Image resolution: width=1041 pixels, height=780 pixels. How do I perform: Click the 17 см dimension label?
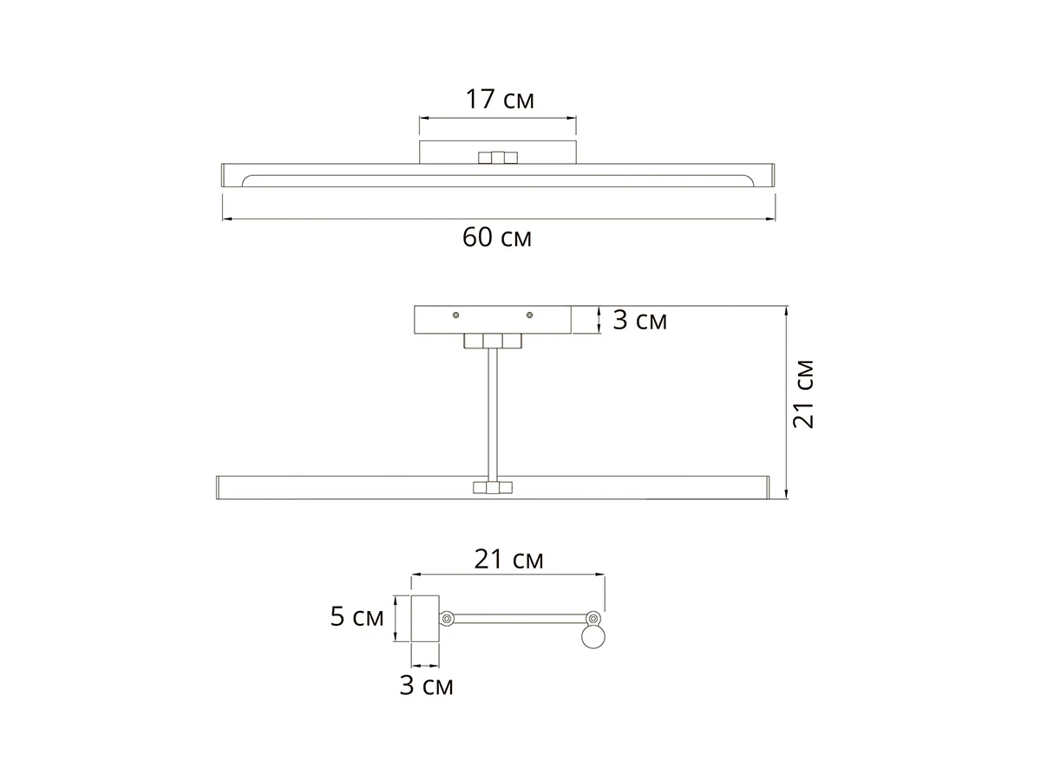(500, 100)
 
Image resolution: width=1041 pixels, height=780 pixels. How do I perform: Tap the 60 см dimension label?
(497, 237)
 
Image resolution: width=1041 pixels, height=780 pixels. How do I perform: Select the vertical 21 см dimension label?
(803, 394)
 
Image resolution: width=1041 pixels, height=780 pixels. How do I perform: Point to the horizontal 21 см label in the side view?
(508, 559)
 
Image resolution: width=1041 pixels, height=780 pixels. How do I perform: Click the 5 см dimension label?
(357, 616)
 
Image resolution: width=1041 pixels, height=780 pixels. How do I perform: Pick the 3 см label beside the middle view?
(639, 320)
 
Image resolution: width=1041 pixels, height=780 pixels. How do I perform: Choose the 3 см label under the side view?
(426, 686)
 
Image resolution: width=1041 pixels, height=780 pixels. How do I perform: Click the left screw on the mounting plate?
(455, 315)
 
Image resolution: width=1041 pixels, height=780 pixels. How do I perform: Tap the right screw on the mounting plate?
(530, 315)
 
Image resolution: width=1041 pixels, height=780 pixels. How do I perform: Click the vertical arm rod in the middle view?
(493, 415)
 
